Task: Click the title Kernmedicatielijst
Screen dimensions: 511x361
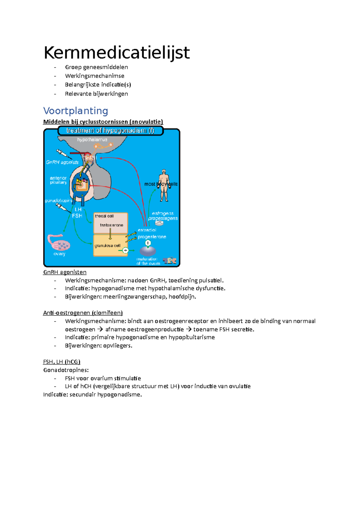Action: [x=117, y=53]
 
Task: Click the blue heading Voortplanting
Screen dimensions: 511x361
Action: [x=76, y=111]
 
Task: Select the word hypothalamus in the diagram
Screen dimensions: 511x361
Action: [x=92, y=140]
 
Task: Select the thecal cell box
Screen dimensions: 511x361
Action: [x=110, y=223]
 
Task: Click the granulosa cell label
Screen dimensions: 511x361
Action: [x=107, y=246]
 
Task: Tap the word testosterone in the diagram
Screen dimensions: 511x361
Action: [x=112, y=225]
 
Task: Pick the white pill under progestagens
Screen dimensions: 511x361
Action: [x=159, y=223]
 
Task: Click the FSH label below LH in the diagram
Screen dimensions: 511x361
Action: [x=77, y=216]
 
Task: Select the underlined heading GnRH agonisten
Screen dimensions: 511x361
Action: [x=65, y=272]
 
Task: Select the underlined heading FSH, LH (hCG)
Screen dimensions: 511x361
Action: [x=62, y=362]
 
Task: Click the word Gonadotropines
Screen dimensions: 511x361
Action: [x=66, y=370]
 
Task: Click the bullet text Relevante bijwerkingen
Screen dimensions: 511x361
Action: [x=96, y=94]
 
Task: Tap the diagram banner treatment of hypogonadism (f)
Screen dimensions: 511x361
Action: [x=110, y=131]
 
